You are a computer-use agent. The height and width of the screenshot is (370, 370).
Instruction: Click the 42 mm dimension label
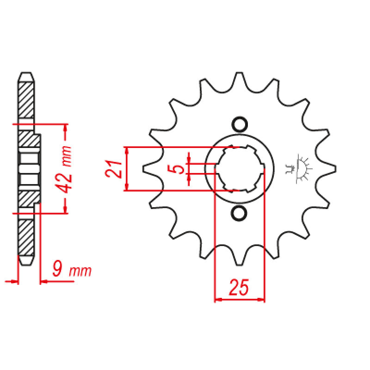coord(64,169)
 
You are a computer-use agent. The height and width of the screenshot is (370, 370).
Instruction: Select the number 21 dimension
coord(113,169)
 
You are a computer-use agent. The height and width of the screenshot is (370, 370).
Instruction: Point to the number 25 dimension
coord(239,287)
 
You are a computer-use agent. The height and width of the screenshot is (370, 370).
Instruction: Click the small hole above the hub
coord(240,124)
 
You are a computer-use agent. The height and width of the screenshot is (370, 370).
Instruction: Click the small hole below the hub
coord(239,213)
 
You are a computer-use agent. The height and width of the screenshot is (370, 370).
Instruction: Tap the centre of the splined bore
coord(240,168)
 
